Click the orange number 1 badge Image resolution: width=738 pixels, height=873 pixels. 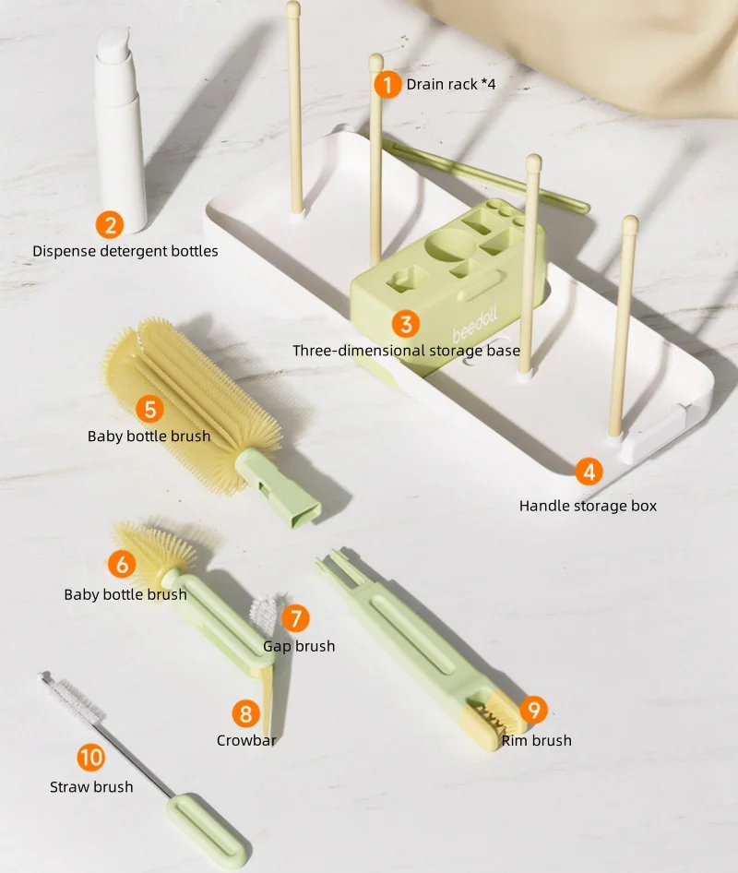click(388, 85)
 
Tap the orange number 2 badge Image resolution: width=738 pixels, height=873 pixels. click(110, 225)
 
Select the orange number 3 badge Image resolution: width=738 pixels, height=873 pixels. click(406, 324)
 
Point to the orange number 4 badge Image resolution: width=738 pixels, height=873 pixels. click(589, 472)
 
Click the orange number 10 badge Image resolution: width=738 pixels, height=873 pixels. click(90, 758)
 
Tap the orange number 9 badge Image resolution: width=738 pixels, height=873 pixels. click(534, 710)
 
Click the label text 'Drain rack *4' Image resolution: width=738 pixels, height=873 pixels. click(451, 84)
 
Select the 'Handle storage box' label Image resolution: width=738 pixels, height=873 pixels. click(588, 506)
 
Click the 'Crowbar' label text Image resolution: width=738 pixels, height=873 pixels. click(246, 740)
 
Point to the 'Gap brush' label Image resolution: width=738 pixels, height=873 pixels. click(299, 646)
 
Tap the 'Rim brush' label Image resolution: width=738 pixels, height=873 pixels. click(537, 740)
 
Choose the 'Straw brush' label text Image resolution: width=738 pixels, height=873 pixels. click(91, 787)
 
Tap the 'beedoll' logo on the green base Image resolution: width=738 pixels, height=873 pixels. click(474, 326)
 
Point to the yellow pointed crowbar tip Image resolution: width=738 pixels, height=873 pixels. click(267, 702)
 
